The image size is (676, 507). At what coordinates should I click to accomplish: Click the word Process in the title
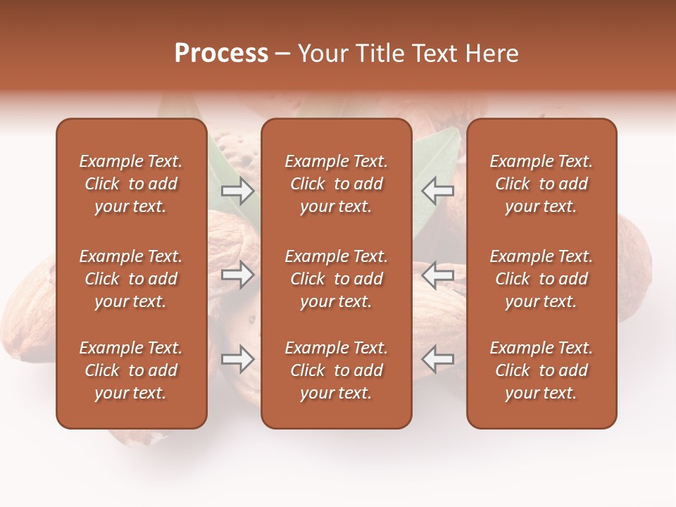point(221,54)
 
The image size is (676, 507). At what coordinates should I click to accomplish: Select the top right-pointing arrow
point(237,190)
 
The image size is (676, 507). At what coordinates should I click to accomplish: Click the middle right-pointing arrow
point(237,275)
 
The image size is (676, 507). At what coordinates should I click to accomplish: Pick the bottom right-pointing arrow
point(237,359)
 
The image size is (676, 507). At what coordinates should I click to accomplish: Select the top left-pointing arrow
point(438,190)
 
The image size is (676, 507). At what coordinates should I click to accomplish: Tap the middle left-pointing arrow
point(438,275)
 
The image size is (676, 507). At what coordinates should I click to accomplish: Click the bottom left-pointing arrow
point(438,359)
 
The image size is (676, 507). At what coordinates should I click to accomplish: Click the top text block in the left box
point(131,184)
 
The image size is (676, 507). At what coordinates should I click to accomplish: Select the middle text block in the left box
point(131,279)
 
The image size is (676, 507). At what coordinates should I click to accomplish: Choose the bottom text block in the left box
point(131,370)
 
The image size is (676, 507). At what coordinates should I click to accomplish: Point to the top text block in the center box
point(336,184)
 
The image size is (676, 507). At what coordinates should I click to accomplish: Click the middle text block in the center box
point(336,279)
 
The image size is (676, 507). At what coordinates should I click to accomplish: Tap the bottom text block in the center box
point(336,370)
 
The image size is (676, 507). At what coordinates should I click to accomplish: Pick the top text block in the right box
point(541,184)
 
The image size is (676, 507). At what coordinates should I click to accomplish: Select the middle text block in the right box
point(541,279)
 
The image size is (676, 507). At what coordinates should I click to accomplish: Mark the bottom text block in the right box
point(541,370)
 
